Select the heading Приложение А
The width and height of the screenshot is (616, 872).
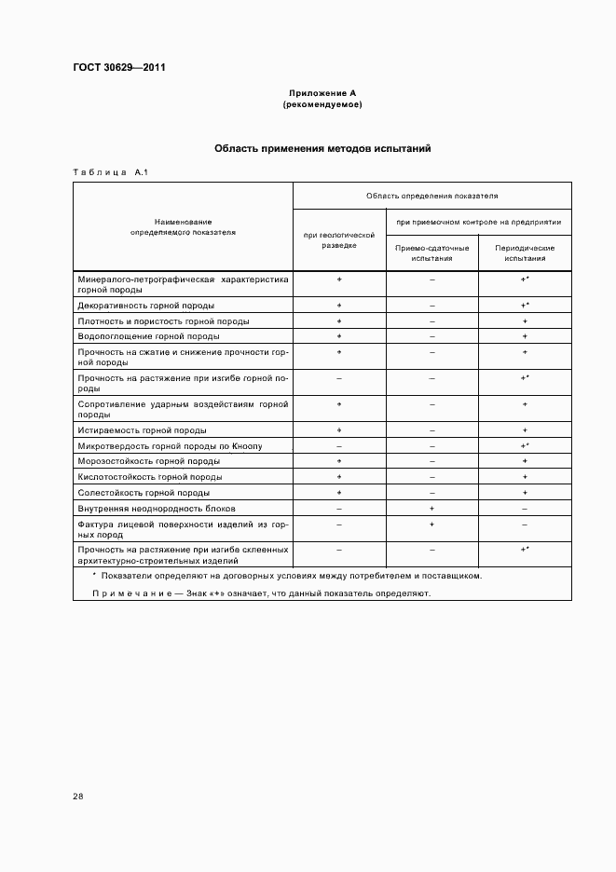click(322, 93)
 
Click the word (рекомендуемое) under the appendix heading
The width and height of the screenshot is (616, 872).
click(322, 104)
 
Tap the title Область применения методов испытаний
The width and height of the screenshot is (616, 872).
click(322, 148)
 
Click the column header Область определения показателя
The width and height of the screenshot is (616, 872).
click(431, 197)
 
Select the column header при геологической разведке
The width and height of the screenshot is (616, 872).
click(339, 241)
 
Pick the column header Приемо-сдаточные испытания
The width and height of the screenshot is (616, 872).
click(431, 252)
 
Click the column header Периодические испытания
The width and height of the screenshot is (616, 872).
click(525, 252)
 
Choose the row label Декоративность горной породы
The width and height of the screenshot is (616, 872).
click(146, 306)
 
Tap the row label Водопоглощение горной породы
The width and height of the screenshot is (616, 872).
click(149, 336)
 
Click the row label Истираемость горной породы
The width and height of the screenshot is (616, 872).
click(143, 430)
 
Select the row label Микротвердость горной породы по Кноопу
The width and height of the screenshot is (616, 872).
click(170, 446)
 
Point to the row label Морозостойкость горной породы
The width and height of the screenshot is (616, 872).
click(149, 461)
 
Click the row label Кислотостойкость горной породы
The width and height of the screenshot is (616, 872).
click(150, 477)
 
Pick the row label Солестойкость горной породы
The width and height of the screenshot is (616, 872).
click(144, 493)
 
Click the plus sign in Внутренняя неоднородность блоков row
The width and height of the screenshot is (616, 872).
click(431, 509)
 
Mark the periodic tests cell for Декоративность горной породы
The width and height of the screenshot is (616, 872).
click(525, 306)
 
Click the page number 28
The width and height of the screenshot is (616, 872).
click(78, 796)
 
